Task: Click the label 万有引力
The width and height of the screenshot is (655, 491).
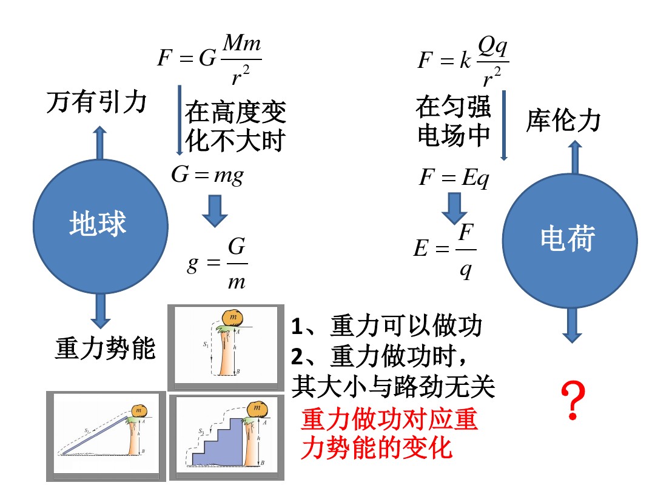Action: (97, 102)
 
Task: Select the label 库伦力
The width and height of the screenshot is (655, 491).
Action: (563, 121)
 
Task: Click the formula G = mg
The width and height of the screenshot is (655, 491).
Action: (207, 175)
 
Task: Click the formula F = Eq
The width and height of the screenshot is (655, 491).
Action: (454, 179)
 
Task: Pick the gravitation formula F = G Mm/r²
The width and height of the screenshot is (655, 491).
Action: (210, 59)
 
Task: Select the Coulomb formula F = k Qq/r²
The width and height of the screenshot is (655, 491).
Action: (463, 61)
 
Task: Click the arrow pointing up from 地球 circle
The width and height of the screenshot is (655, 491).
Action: (99, 142)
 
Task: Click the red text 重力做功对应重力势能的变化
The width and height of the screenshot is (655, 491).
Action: (388, 434)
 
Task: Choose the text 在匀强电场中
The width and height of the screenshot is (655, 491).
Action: (454, 122)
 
